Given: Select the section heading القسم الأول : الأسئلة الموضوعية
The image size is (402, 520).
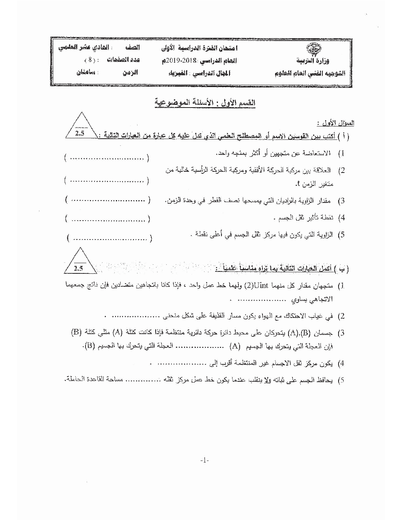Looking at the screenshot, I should click(x=205, y=103).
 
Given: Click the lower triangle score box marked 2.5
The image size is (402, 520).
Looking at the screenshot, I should click(x=80, y=262).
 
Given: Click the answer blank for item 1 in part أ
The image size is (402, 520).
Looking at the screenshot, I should click(x=106, y=158).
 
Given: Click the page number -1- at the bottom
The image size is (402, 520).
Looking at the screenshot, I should click(x=204, y=460).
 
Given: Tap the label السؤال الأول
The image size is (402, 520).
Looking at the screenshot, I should click(x=341, y=123).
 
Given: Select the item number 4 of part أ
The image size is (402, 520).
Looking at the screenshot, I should click(x=342, y=218).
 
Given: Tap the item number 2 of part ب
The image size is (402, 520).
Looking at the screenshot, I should click(x=342, y=316).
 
